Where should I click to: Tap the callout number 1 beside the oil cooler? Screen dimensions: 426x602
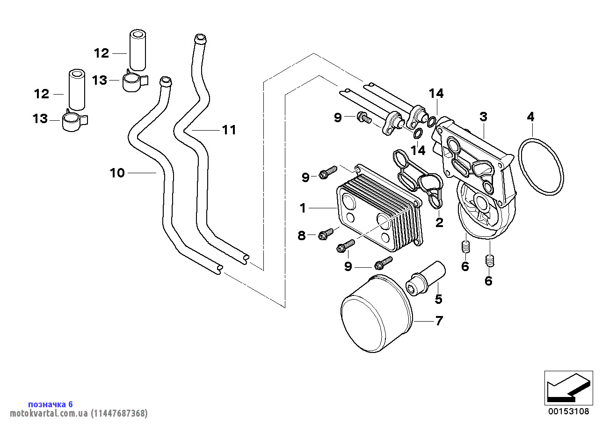(x=303, y=208)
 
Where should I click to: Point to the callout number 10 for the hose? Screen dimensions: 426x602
(x=117, y=173)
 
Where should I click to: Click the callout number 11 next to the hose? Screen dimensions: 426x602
(x=229, y=130)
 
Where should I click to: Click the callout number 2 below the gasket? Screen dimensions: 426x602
(x=439, y=222)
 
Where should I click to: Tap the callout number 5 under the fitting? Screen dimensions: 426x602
(x=438, y=299)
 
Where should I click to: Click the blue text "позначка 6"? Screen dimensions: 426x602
(x=51, y=404)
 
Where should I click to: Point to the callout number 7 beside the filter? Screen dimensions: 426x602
(x=439, y=321)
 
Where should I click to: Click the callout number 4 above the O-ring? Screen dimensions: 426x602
(x=530, y=117)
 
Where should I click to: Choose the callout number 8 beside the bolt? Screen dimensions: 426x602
(x=302, y=235)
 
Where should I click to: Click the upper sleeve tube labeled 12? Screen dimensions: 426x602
(x=137, y=51)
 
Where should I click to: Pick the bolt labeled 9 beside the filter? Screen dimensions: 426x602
(x=384, y=263)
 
